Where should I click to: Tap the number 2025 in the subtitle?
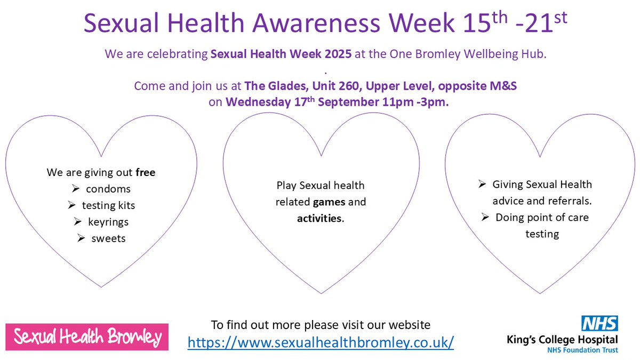click(x=335, y=54)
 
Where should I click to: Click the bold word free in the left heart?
click(x=145, y=172)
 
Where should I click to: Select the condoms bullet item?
click(x=108, y=189)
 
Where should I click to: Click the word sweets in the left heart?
click(x=108, y=238)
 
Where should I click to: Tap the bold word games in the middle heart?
click(x=329, y=202)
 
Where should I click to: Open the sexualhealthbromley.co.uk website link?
click(x=321, y=341)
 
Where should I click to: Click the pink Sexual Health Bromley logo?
click(x=87, y=337)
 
